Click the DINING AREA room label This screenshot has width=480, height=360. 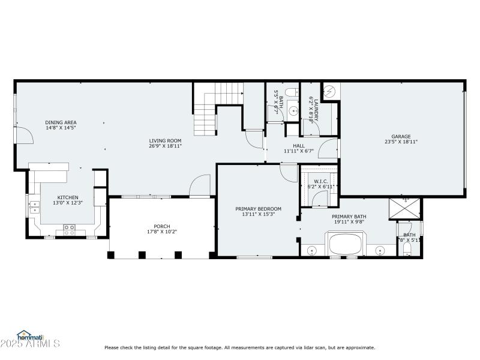pos(61,122)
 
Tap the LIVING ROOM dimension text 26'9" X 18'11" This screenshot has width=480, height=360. pos(165,146)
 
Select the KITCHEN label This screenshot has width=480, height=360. pos(68,197)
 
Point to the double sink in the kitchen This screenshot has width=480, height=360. pos(34,206)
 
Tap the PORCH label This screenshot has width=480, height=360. pos(162,226)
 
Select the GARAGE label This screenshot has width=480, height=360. pos(401,136)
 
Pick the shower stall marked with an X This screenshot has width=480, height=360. pos(405,208)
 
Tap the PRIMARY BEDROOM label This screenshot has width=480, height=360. pos(258,209)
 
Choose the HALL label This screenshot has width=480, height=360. pos(298,146)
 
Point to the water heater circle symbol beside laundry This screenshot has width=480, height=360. pos(329,92)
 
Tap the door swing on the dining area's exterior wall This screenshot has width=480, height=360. pos(23,136)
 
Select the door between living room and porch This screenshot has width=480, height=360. pos(200,186)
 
